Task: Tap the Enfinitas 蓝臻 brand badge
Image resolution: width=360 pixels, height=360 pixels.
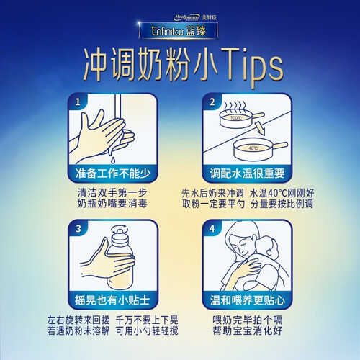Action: coord(179,31)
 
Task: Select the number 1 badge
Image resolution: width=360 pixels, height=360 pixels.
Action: coord(78,102)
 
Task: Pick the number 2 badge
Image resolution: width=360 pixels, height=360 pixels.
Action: coord(212,102)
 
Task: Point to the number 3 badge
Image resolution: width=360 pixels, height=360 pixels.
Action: coord(78,229)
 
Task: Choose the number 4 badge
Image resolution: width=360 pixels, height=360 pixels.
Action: coord(212,229)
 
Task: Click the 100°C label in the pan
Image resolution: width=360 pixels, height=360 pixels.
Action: coord(236,118)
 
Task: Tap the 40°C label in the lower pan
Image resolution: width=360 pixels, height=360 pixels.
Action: coord(253,148)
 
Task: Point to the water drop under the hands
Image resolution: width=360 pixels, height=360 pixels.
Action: coord(113,159)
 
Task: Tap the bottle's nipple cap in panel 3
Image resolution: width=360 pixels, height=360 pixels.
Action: coord(119,232)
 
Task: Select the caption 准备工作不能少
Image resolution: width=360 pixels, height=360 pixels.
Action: coord(113,174)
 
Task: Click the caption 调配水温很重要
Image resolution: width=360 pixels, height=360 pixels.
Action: coord(247,174)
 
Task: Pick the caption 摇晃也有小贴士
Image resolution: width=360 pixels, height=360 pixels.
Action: coord(112,300)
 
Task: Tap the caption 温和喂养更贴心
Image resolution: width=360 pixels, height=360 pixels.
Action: coord(248,300)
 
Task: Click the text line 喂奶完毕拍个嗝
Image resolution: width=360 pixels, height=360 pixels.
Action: coord(248,320)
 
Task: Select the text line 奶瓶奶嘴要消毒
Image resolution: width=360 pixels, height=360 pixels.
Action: coord(112,204)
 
